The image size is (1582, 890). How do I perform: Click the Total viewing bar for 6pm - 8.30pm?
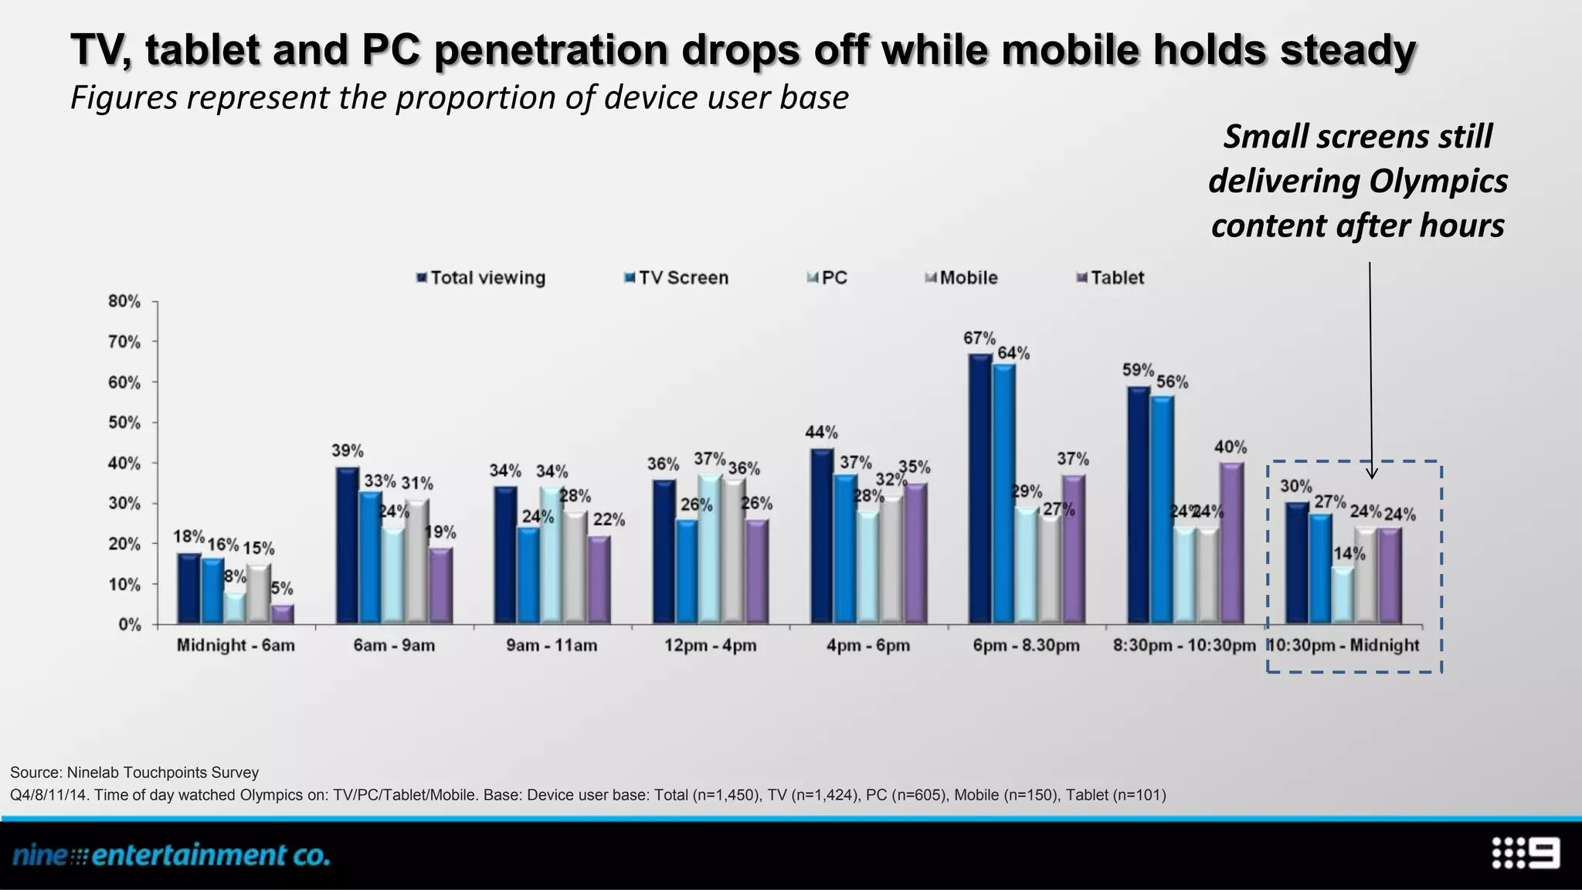[x=980, y=488]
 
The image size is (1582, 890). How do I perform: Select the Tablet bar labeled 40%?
[x=1231, y=543]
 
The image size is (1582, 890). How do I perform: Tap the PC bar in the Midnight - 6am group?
[x=235, y=608]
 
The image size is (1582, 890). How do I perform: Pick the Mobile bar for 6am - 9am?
[x=417, y=561]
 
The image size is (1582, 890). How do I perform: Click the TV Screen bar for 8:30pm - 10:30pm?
[x=1162, y=510]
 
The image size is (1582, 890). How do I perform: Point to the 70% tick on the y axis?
[x=125, y=341]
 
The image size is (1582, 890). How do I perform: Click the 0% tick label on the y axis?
[x=129, y=624]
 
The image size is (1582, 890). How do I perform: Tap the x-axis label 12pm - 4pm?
[x=710, y=645]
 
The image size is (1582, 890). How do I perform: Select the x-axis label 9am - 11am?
[x=552, y=645]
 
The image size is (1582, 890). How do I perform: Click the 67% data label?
[x=979, y=338]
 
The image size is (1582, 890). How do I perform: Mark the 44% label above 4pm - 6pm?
[x=821, y=433]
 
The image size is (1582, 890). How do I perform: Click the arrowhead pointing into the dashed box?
[x=1371, y=473]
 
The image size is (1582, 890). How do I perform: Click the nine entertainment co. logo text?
[x=171, y=855]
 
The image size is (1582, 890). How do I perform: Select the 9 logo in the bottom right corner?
[x=1526, y=854]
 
